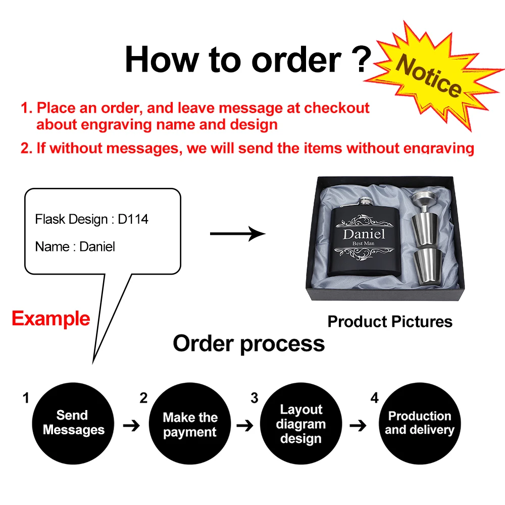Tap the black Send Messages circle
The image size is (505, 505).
click(x=73, y=423)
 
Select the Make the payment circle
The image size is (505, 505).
click(x=190, y=424)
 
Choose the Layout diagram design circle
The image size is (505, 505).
click(x=301, y=424)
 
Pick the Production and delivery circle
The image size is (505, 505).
click(x=419, y=423)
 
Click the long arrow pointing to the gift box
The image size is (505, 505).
click(x=237, y=233)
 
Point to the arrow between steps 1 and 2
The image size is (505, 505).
click(x=131, y=426)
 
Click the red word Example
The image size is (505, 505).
click(x=50, y=319)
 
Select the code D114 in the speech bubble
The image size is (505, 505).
click(x=133, y=219)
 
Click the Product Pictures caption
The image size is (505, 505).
click(x=390, y=322)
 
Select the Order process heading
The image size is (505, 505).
click(x=248, y=343)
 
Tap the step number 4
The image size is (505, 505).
click(x=374, y=398)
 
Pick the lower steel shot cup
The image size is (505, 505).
click(x=427, y=263)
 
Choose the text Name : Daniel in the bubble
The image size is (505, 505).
click(x=75, y=246)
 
